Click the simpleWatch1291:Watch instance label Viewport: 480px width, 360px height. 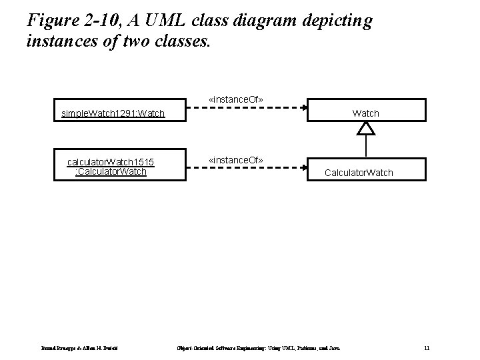pos(113,113)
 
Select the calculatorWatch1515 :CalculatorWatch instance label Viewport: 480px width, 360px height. pos(111,167)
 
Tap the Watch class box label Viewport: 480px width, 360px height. pos(365,113)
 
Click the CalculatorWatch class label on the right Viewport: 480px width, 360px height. pos(359,173)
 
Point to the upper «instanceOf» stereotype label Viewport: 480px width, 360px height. pos(236,99)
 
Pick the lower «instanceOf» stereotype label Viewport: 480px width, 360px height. pos(236,161)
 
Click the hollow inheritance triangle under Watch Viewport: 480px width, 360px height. pos(366,128)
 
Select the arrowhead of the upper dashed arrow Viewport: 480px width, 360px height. pos(305,107)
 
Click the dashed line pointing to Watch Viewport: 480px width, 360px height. pos(253,107)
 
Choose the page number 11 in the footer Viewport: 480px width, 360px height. pos(427,347)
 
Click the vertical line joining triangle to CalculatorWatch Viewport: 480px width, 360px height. pos(366,146)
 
